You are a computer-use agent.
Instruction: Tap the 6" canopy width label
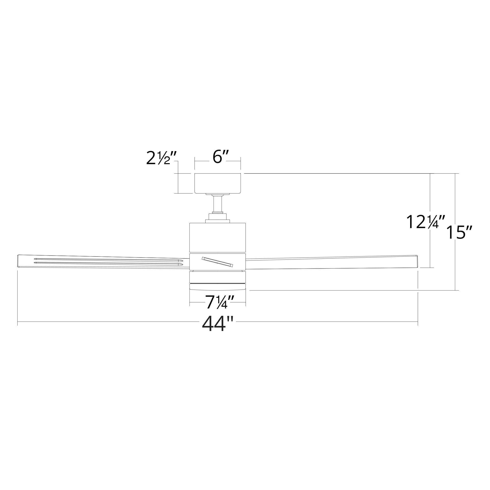coord(218,158)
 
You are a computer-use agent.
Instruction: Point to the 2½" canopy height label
coord(161,158)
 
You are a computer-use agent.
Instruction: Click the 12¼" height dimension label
coord(426,222)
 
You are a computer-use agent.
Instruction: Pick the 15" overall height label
coord(459,233)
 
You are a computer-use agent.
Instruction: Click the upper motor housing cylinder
coord(217,237)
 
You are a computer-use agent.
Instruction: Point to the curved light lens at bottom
coord(217,287)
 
